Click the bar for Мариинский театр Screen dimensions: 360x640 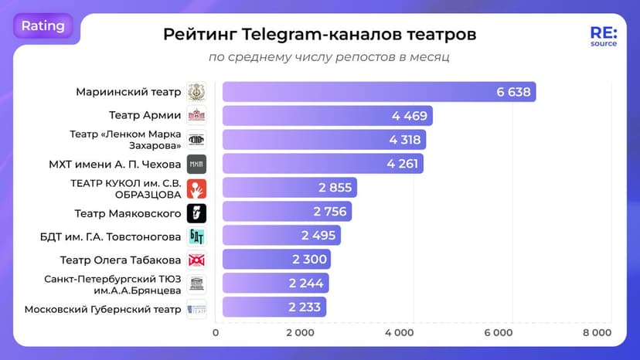point(379,92)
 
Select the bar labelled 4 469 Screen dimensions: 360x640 point(327,116)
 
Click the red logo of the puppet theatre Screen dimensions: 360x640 point(196,188)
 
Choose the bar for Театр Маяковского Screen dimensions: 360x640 point(287,212)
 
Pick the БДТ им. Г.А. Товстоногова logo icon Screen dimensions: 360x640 point(196,236)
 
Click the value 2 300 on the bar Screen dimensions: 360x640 point(308,260)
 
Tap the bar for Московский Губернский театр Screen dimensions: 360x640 point(274,307)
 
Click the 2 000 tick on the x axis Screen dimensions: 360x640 point(300,333)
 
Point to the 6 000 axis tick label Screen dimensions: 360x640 point(498,333)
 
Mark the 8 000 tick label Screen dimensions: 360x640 point(597,333)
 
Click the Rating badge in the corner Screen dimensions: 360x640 point(43,26)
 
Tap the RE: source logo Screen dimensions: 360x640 point(603,37)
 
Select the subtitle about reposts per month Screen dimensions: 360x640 point(329,57)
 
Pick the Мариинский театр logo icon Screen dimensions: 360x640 point(196,92)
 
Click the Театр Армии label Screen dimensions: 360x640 point(145,116)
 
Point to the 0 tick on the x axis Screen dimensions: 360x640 point(216,333)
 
